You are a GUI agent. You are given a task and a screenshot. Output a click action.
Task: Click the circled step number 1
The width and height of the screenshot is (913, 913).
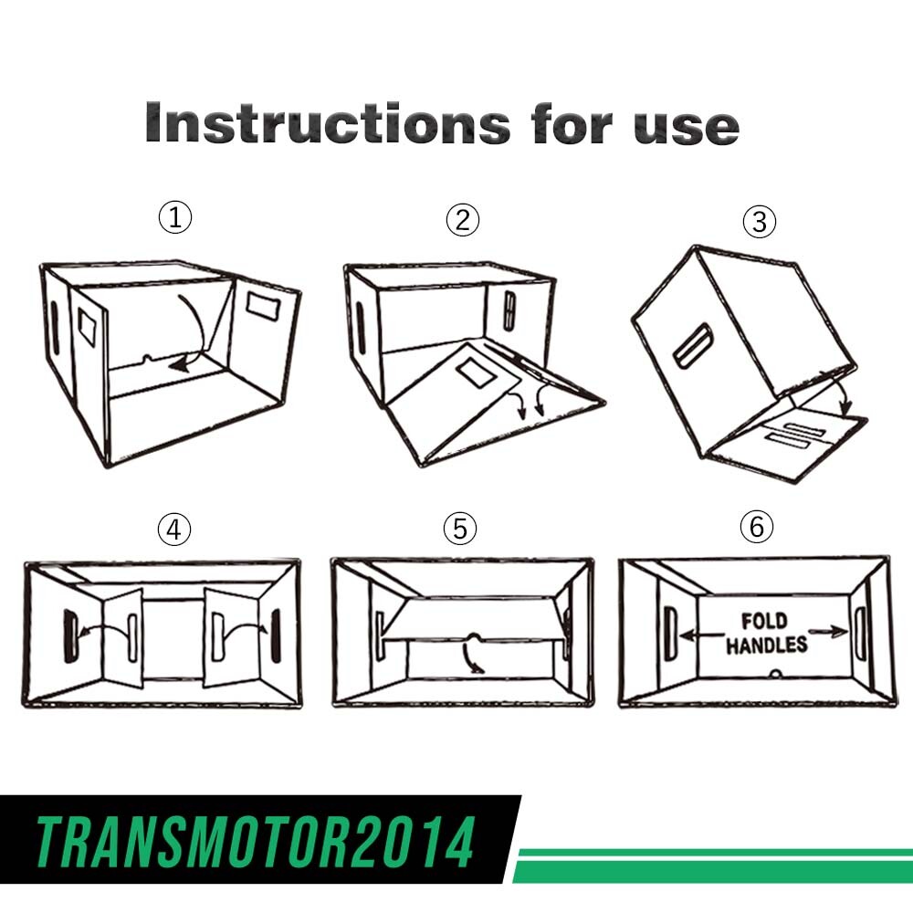[x=174, y=217]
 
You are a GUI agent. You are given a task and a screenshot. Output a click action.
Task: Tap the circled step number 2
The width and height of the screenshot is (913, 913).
[x=463, y=220]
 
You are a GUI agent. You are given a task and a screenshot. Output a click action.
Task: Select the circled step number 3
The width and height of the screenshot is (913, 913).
[x=760, y=222]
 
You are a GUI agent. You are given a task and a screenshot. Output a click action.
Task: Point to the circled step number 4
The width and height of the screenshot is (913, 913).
[x=174, y=530]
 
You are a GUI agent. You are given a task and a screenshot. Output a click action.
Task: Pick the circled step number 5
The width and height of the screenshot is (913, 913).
[x=460, y=529]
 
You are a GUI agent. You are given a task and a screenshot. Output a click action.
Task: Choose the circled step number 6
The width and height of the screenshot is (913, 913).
[x=756, y=527]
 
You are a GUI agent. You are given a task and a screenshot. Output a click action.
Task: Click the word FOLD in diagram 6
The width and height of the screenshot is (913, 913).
[x=764, y=621]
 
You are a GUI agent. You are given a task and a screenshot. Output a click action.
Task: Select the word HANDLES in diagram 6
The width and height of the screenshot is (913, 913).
[x=766, y=645]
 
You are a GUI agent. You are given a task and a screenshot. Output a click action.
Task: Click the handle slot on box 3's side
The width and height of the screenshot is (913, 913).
[x=693, y=346]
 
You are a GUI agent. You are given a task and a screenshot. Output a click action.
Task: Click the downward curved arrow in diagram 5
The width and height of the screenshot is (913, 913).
[x=469, y=656]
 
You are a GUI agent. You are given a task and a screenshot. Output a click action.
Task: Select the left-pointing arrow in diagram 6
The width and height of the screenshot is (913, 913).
[x=702, y=635]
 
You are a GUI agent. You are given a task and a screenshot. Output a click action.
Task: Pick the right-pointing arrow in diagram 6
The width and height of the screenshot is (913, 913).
[x=828, y=631]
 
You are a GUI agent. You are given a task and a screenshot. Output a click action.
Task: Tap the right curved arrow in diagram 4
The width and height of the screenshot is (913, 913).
[x=246, y=628]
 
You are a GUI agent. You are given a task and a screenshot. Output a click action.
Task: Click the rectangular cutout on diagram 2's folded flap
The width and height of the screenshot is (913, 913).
[x=477, y=373]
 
